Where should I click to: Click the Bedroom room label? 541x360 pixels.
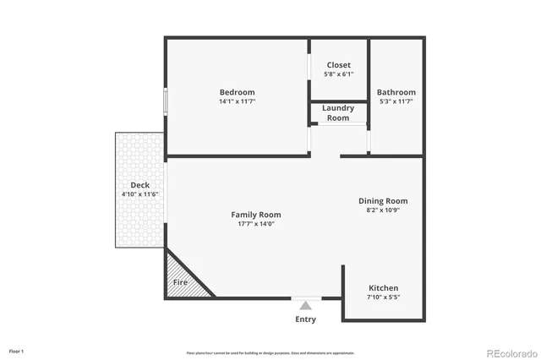[237, 92]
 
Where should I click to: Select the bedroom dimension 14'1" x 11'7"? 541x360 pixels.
[237, 101]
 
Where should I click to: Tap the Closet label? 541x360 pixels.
[338, 65]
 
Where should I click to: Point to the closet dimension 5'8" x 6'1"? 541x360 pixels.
[338, 74]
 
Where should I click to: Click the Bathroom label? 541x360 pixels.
[396, 92]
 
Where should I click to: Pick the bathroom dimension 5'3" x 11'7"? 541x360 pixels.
[396, 101]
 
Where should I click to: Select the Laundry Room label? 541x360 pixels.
[338, 112]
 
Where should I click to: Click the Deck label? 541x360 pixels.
[140, 185]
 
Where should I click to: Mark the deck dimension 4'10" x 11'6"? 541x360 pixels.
[140, 194]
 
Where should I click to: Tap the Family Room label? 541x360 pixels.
[256, 215]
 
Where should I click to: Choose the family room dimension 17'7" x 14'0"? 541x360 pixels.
[256, 224]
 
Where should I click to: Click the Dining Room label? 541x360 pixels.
[383, 201]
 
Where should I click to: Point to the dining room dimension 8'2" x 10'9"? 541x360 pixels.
[383, 210]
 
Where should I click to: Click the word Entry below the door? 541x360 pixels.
[305, 319]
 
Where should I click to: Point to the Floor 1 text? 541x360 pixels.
[17, 351]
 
